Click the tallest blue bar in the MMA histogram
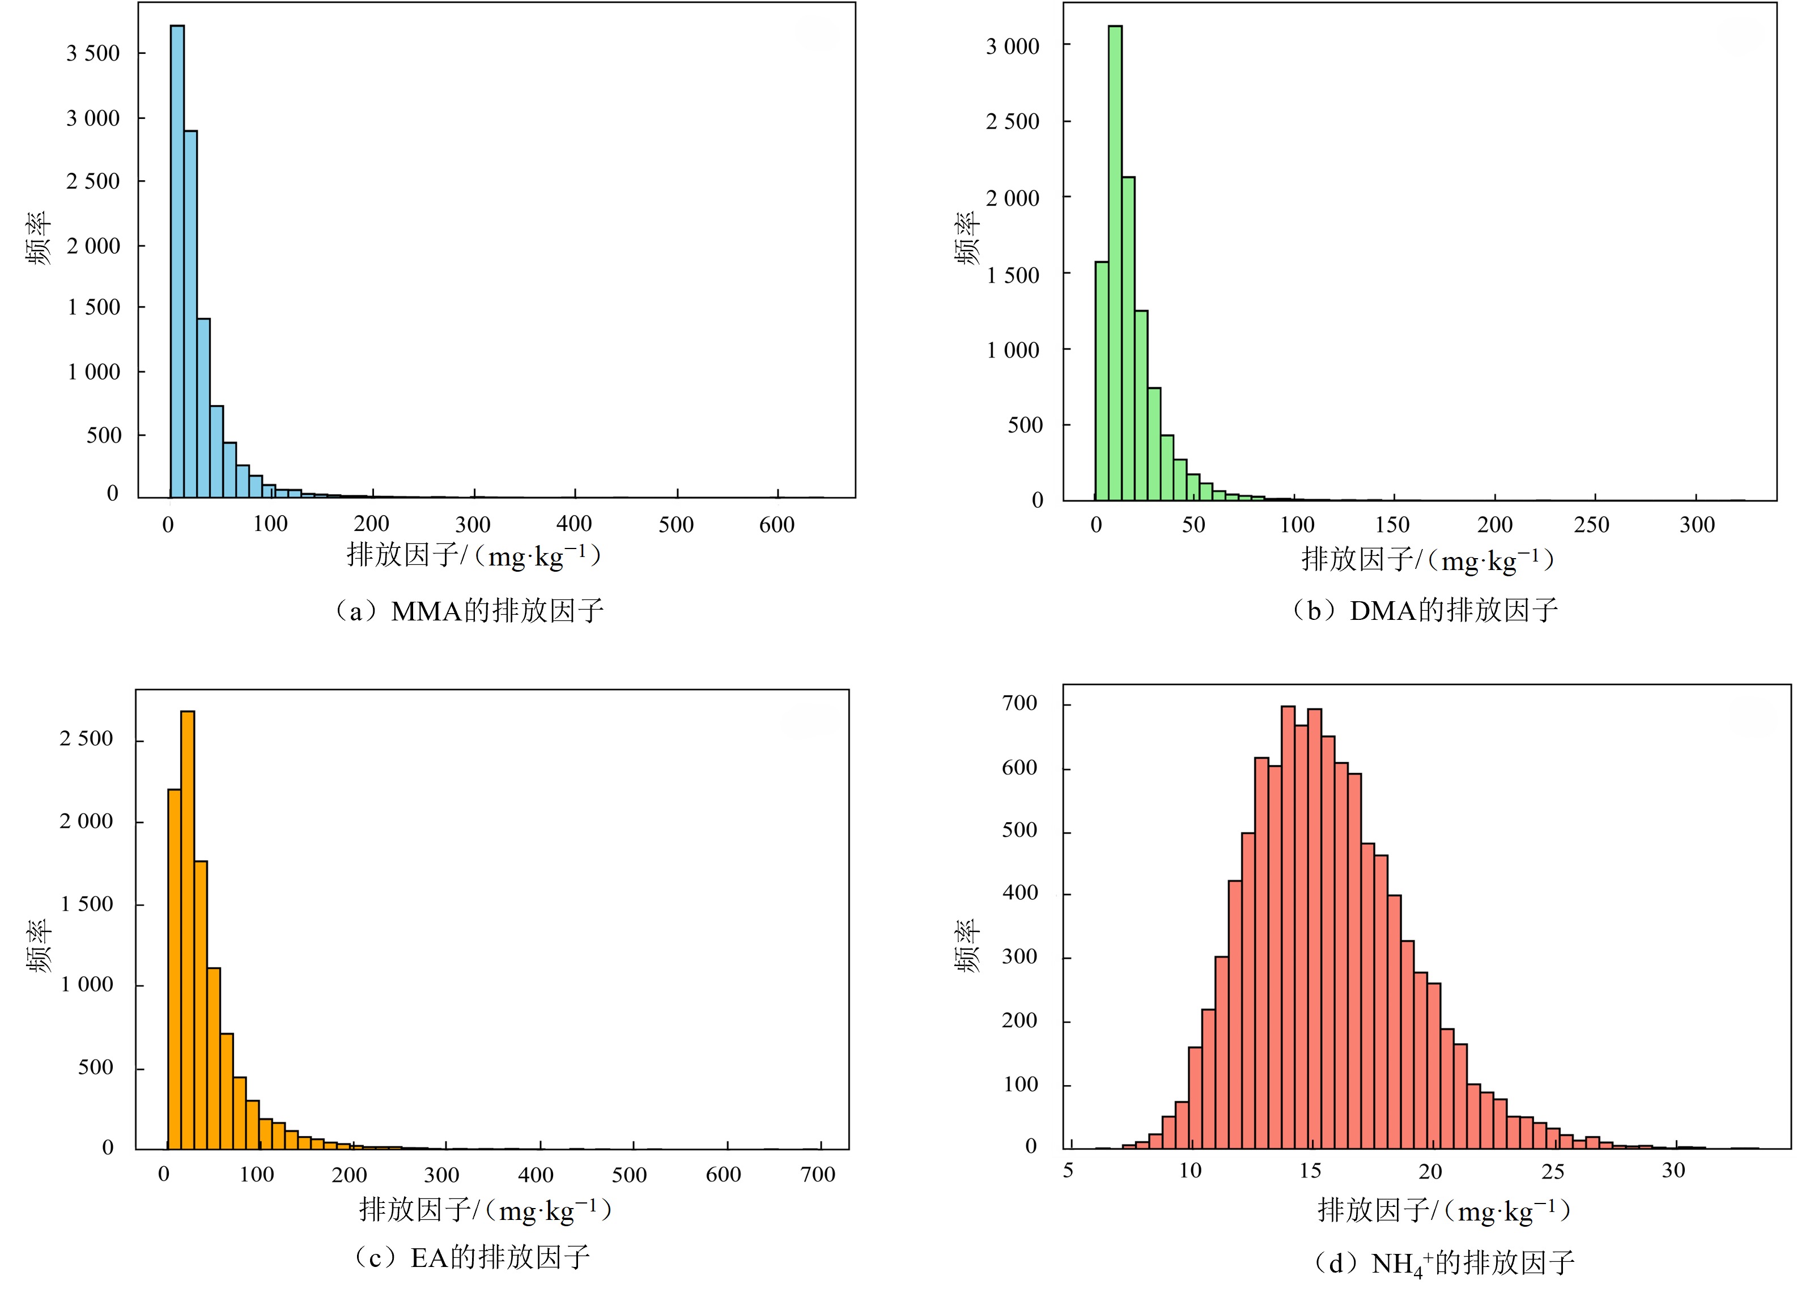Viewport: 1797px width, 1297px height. click(177, 261)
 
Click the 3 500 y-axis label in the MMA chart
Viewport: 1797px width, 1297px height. click(93, 54)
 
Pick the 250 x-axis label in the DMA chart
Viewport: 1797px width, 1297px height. click(1592, 525)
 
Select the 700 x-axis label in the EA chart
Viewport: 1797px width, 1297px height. click(818, 1174)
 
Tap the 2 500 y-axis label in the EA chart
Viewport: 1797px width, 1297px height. click(86, 739)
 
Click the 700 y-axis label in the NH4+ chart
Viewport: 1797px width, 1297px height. click(1019, 704)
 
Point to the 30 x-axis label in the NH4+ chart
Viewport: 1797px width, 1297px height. click(1673, 1170)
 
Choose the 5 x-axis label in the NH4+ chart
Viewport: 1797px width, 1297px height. click(1068, 1170)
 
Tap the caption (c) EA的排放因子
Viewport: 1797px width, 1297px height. click(471, 1257)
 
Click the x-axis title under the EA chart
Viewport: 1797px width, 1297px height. click(485, 1210)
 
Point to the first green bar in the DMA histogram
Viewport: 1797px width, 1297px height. click(1101, 380)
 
